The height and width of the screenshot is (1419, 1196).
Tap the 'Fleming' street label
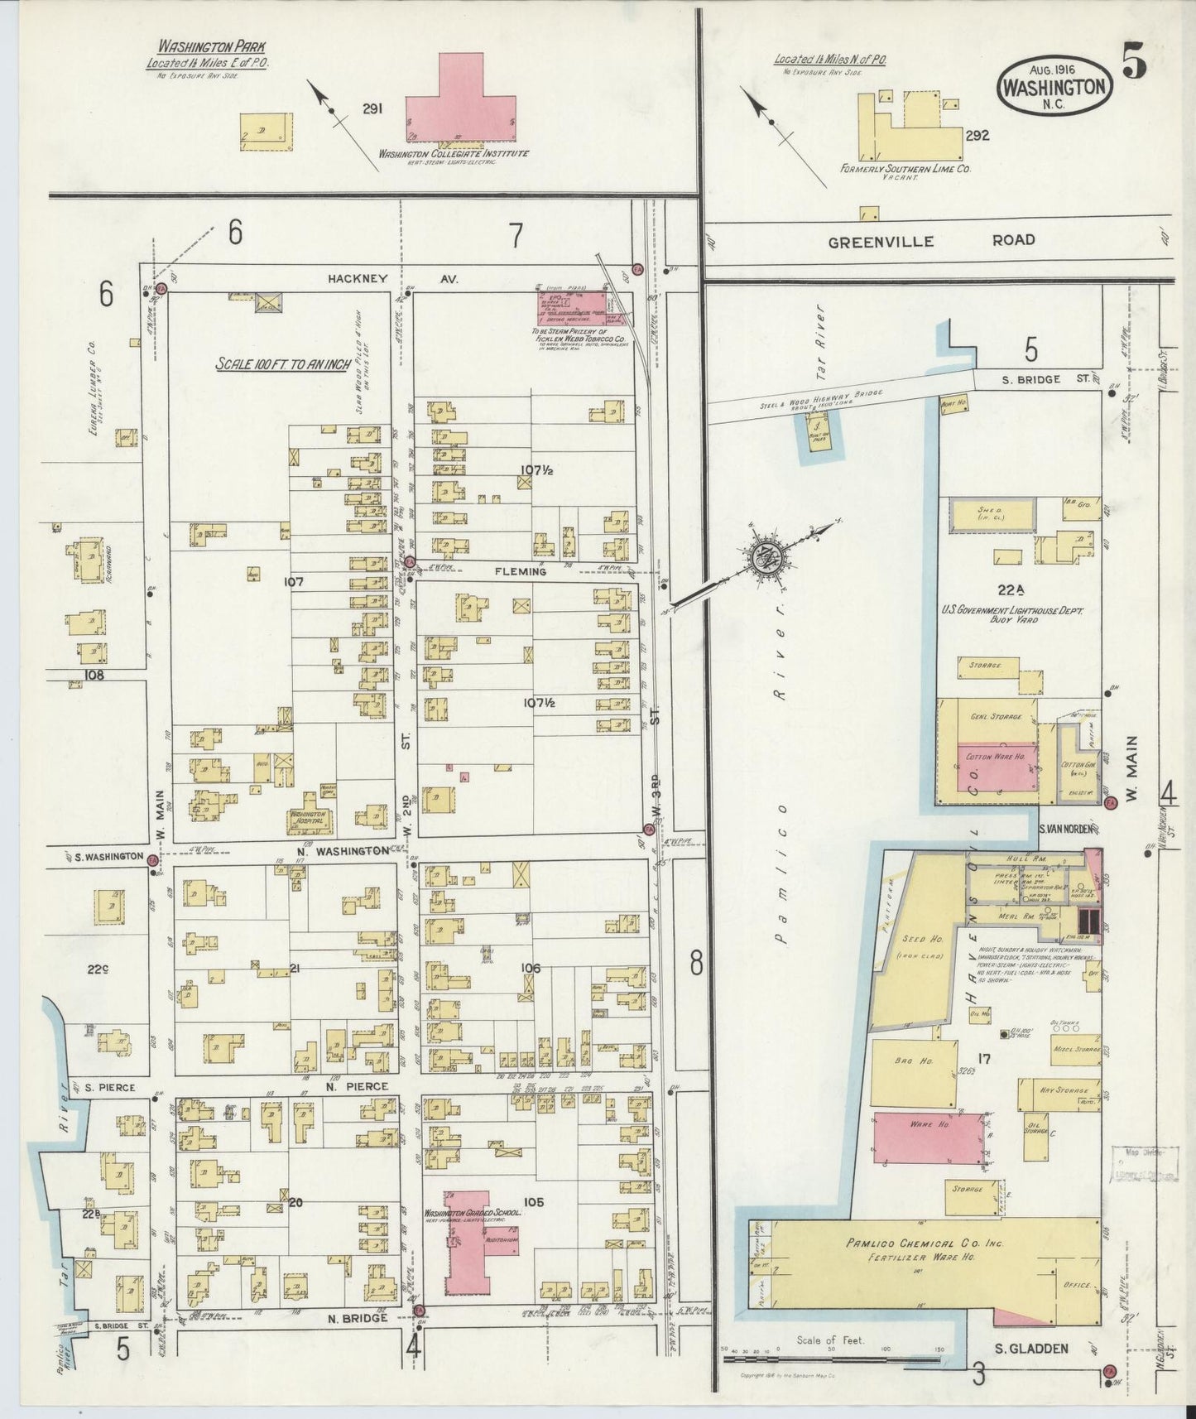(x=521, y=571)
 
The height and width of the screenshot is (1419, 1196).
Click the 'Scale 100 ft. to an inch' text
(x=282, y=363)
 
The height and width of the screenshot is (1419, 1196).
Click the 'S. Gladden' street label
(x=1030, y=1349)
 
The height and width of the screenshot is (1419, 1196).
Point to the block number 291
(x=372, y=108)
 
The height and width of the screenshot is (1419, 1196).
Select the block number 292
(x=977, y=136)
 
